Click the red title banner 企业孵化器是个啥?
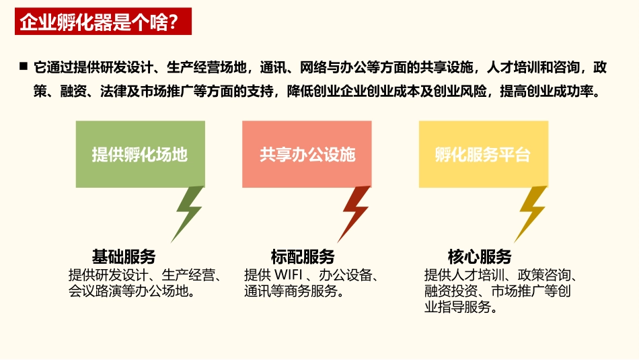pyautogui.click(x=103, y=22)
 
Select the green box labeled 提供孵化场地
pyautogui.click(x=140, y=155)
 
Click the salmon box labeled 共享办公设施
pyautogui.click(x=307, y=155)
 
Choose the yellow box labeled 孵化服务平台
pyautogui.click(x=483, y=155)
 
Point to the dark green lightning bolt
pyautogui.click(x=188, y=212)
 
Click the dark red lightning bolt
pyautogui.click(x=355, y=212)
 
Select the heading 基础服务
pyautogui.click(x=124, y=256)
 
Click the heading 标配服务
pyautogui.click(x=303, y=256)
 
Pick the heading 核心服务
pyautogui.click(x=480, y=256)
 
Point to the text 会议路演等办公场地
pyautogui.click(x=128, y=291)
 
